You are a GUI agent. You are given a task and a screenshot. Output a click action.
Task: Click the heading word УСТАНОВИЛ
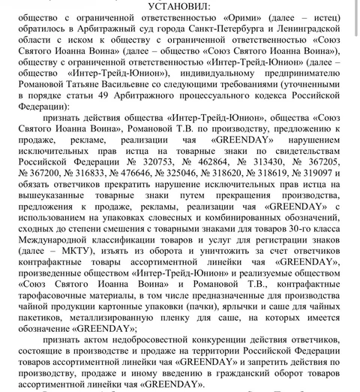click(x=180, y=6)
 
